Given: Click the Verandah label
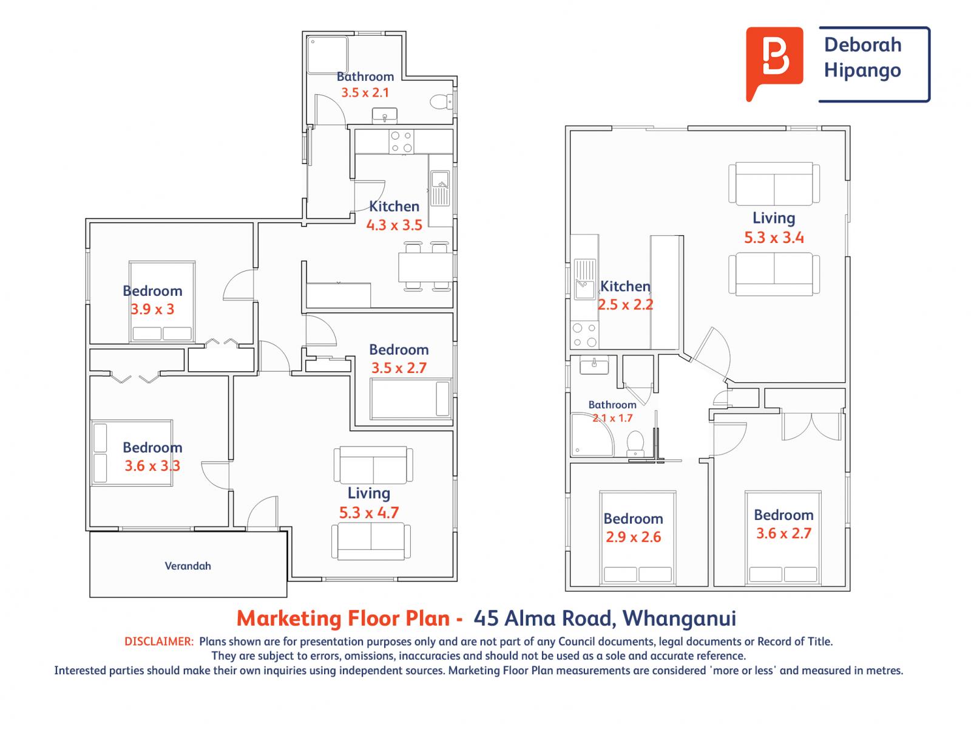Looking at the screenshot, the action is pos(188,566).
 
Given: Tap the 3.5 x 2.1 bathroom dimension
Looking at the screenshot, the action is pos(365,92).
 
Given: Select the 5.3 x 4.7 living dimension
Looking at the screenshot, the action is pos(369,513).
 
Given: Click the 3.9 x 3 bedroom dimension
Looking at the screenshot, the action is pos(152,309).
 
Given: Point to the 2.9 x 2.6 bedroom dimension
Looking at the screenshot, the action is pos(633,537).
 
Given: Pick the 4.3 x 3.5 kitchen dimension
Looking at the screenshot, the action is pos(394,225).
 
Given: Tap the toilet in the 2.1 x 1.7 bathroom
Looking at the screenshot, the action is pos(635,443).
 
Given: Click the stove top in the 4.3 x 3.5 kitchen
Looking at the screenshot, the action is pos(402,142).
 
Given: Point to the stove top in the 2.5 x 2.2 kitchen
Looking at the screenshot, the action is pos(584,335).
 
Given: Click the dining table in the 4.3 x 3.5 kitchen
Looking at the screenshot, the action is pos(425,267).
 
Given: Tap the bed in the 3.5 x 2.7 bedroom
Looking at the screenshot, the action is pos(411,399).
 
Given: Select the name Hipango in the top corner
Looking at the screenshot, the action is pos(862,71).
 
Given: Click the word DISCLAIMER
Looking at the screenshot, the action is pos(159,642).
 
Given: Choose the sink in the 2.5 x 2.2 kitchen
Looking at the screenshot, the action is pos(584,279).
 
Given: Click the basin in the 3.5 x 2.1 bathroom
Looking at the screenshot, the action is pos(384,115).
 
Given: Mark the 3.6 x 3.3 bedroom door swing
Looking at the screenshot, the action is pos(215,476).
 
